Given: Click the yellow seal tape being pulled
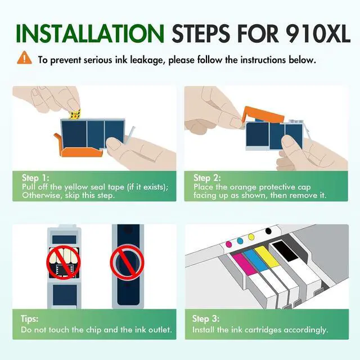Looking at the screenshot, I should tap(73, 115).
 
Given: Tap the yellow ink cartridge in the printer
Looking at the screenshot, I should tap(268, 264).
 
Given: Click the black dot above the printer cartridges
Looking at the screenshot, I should tap(267, 231).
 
